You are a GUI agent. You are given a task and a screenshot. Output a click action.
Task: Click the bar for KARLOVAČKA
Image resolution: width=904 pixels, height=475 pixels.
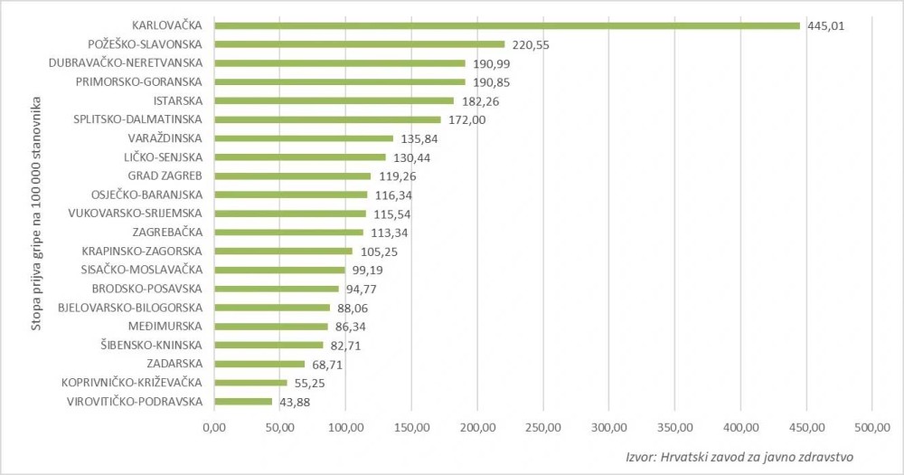coord(506,25)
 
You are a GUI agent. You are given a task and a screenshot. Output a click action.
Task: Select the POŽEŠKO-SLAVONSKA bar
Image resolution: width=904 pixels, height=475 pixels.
coord(359,44)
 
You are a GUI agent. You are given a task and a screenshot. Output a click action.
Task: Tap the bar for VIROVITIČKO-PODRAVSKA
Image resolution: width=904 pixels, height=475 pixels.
coord(243,401)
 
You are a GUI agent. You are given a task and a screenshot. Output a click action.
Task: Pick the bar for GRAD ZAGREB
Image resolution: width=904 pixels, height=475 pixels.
coord(293,176)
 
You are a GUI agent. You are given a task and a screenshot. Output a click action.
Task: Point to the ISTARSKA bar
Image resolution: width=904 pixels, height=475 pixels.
coord(334,100)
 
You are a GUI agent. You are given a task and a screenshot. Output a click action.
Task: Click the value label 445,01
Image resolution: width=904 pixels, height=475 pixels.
coord(825,25)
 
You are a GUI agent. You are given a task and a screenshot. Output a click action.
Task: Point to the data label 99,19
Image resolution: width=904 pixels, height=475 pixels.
coord(367,270)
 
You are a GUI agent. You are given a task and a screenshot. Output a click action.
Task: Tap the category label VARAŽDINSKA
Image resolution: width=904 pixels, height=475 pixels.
coord(166,138)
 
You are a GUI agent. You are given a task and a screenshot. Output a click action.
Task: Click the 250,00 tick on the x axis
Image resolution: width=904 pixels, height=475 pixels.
coord(542,426)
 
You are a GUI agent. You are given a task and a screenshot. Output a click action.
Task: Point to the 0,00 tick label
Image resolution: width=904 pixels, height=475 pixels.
coord(214,426)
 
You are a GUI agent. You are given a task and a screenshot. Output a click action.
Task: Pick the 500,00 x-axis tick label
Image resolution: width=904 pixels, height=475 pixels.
coord(871,426)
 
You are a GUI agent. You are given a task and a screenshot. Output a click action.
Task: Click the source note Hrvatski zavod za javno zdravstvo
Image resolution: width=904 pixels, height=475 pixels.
coord(740,457)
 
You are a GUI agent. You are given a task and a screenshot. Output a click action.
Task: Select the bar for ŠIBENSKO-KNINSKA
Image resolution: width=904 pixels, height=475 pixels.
coord(268,345)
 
